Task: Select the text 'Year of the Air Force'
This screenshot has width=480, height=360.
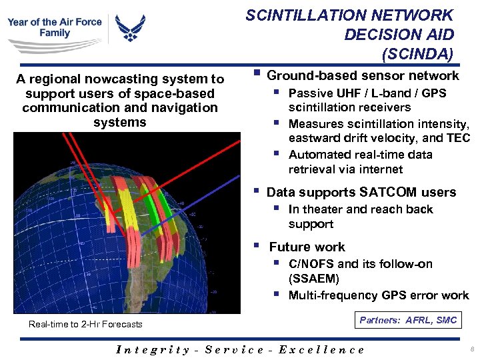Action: [x=55, y=21]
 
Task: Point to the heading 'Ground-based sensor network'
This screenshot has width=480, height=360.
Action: [x=363, y=75]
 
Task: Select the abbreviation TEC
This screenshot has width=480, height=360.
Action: [x=459, y=138]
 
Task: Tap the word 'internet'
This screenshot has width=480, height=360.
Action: [x=379, y=169]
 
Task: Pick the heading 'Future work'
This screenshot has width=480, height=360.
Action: [x=307, y=247]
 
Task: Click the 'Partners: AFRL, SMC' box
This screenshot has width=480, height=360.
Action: [x=408, y=321]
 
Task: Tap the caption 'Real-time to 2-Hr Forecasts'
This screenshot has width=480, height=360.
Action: [x=85, y=325]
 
